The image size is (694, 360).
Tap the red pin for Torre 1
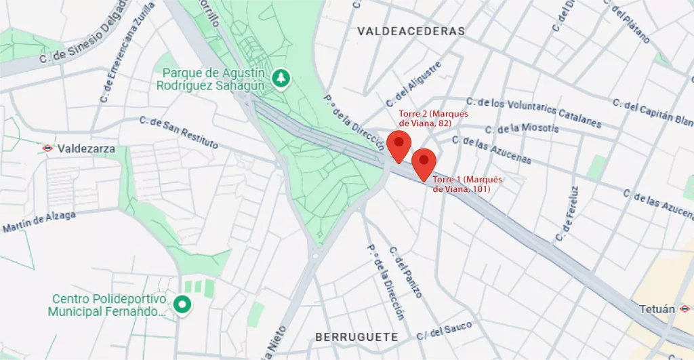[x=424, y=161]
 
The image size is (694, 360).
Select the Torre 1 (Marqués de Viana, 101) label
[x=467, y=184]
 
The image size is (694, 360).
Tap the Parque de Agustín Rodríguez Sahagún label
[x=213, y=79]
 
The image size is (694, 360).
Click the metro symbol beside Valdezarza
[x=47, y=148]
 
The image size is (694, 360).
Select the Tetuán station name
[x=657, y=309]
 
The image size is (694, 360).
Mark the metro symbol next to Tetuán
[x=684, y=309]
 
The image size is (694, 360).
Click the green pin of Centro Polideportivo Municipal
[x=182, y=304]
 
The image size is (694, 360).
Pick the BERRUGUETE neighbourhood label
[x=356, y=336]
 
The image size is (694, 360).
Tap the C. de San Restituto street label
[x=179, y=132]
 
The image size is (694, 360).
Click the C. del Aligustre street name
[x=413, y=84]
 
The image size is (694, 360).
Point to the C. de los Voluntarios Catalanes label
[x=539, y=113]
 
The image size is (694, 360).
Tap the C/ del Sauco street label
[x=444, y=331]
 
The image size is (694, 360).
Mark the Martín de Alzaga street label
[x=39, y=222]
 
